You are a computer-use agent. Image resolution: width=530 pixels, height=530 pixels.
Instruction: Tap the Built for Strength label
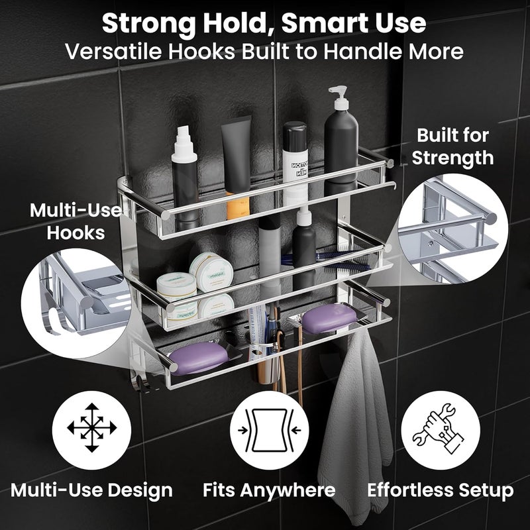454,146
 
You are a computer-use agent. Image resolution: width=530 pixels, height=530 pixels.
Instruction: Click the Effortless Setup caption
440,490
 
